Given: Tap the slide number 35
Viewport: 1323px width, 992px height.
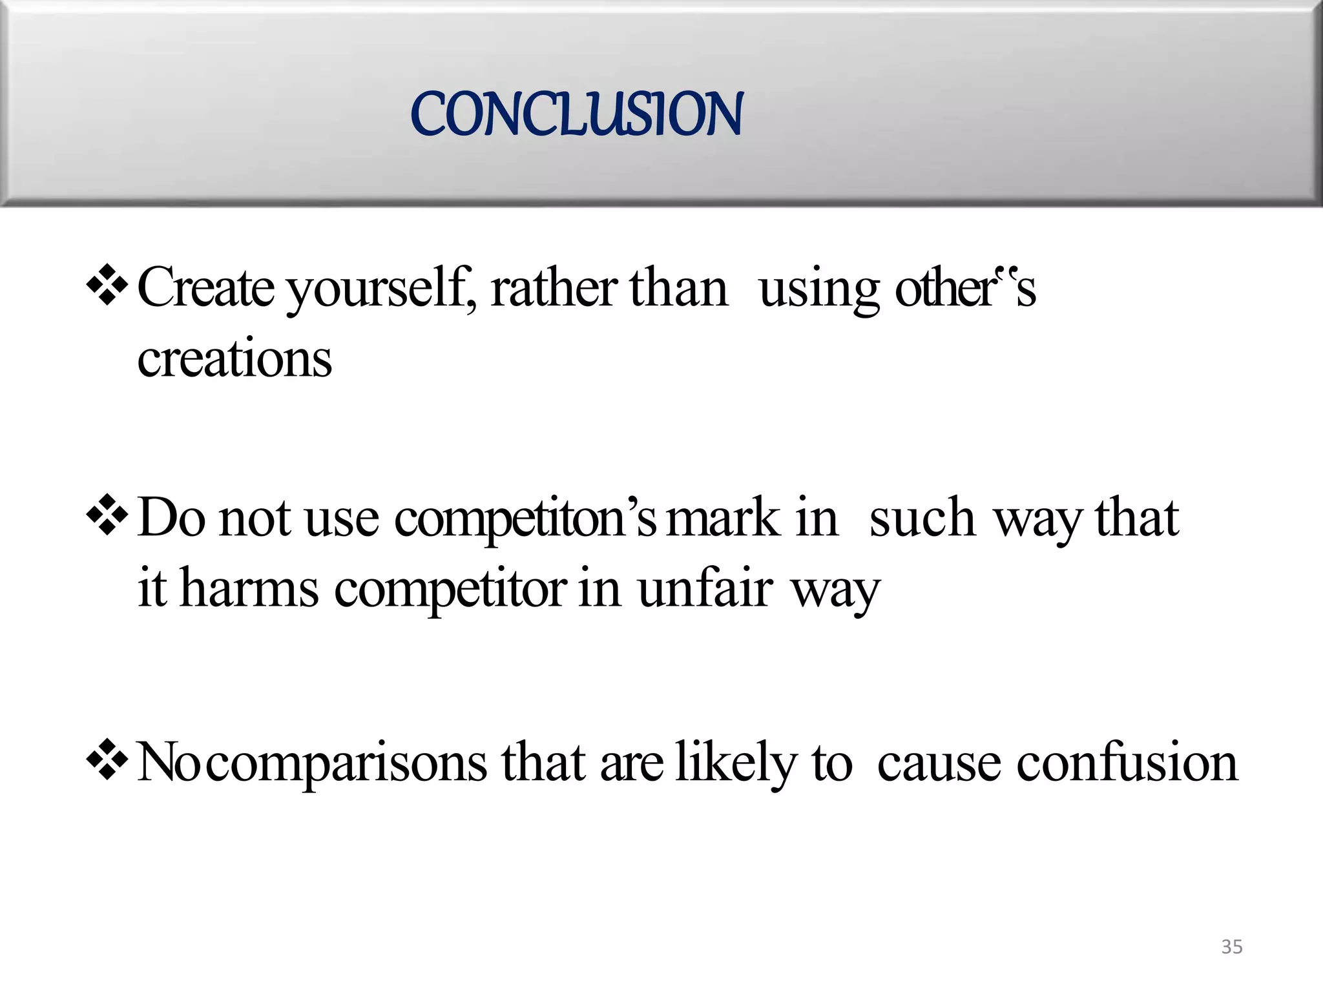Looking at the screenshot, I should click(x=1231, y=947).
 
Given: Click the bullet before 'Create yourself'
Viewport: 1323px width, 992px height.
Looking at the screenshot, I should click(x=107, y=285).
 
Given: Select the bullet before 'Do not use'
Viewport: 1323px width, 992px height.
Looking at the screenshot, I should click(x=107, y=515).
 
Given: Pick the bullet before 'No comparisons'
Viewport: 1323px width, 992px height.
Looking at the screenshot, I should click(x=107, y=759).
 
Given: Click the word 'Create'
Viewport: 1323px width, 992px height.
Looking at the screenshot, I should click(x=205, y=288).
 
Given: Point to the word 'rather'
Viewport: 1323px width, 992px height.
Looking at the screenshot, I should click(x=553, y=288).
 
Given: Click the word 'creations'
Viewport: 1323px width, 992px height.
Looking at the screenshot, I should click(x=234, y=359).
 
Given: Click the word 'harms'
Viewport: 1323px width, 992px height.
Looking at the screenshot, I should click(x=249, y=589).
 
